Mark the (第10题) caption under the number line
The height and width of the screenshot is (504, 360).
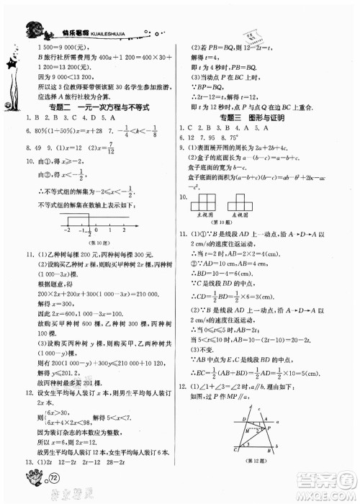pyautogui.click(x=97, y=240)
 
